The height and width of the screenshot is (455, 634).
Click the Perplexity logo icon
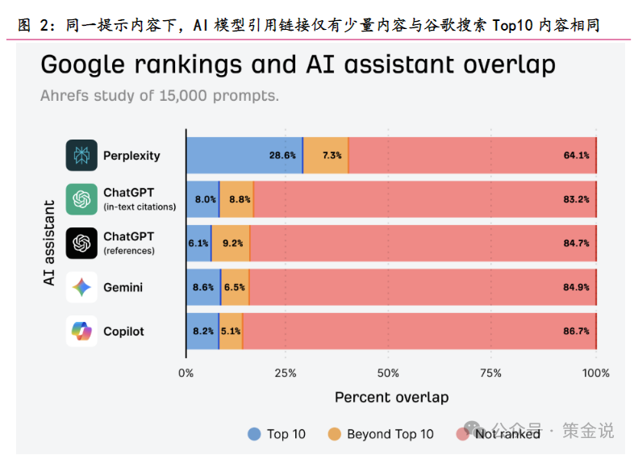coord(81,156)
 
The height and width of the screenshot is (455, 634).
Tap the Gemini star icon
coord(81,286)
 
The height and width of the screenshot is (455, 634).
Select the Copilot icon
coord(81,331)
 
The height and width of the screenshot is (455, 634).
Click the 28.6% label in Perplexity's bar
coord(282,156)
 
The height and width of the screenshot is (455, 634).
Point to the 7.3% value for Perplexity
coord(331,156)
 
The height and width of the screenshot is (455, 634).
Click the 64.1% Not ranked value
coord(576,156)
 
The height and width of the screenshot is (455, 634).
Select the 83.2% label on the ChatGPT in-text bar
coord(576,199)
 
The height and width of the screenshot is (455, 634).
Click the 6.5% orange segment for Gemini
coord(235,286)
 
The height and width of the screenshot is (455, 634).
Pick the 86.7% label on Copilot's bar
coord(576,331)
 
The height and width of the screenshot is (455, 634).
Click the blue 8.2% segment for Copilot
coord(202,331)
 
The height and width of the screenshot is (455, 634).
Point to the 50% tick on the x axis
coord(388,373)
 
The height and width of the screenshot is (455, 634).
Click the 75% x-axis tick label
coord(491,373)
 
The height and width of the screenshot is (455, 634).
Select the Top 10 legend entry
coord(277,434)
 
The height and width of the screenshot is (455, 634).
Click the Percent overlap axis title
coord(391,397)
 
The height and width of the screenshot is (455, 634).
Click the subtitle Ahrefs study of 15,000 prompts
coord(160,95)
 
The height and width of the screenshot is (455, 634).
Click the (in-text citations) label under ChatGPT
coord(140,207)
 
